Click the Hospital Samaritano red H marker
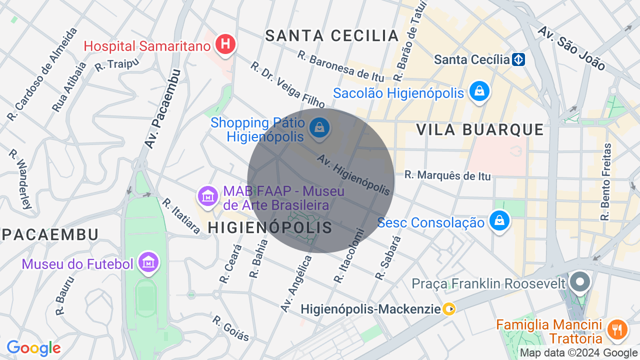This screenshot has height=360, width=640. [x=225, y=44]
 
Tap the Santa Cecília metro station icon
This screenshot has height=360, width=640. [x=518, y=60]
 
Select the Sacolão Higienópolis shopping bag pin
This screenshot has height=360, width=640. [x=479, y=91]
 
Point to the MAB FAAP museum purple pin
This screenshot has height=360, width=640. [x=207, y=195]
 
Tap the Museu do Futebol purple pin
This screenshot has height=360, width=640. [x=148, y=262]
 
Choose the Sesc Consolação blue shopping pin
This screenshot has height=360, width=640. [x=499, y=220]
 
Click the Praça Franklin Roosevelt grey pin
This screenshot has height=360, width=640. [x=580, y=281]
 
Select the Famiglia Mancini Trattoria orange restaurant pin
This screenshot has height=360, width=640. [x=616, y=330]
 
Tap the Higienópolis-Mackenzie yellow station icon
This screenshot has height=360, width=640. [x=449, y=309]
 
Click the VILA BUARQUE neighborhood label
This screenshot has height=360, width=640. [x=480, y=129]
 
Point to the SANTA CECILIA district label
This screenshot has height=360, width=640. [x=332, y=35]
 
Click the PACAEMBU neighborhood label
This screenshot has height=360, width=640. [x=49, y=234]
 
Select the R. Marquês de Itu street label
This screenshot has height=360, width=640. [x=447, y=175]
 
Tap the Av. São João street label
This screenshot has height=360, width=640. [x=571, y=47]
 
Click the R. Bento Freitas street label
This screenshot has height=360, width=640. [x=606, y=182]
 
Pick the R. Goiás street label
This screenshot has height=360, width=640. [x=230, y=328]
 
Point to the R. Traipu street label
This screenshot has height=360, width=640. [x=116, y=64]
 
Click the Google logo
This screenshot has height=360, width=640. [x=33, y=348]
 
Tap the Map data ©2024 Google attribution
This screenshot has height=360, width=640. [x=578, y=353]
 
